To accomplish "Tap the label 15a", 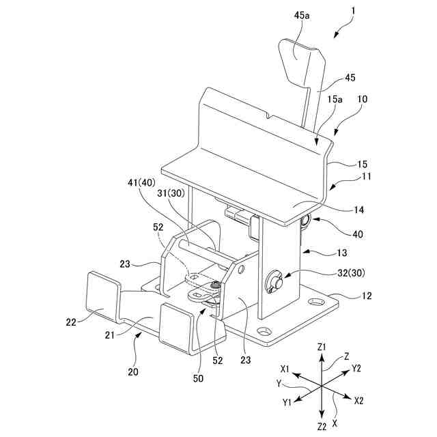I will click(x=334, y=100).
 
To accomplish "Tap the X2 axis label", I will click(x=359, y=401).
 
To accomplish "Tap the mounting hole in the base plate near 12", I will click(x=315, y=300).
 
